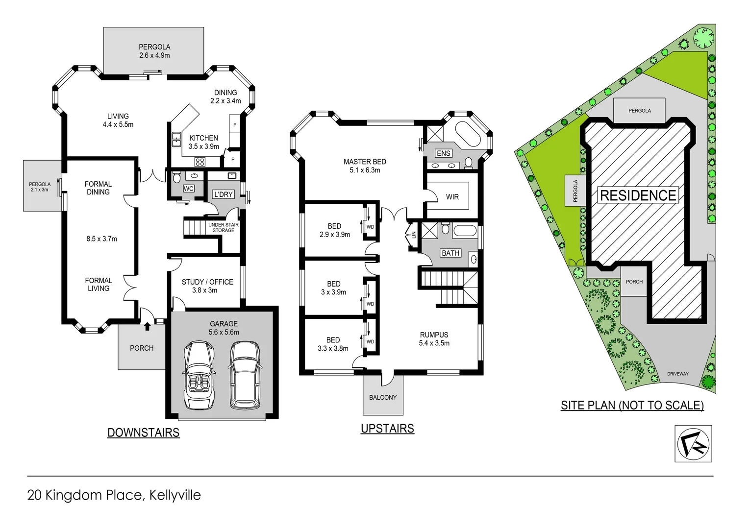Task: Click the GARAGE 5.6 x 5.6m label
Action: [224, 328]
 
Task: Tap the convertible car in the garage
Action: [199, 376]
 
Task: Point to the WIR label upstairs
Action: [452, 197]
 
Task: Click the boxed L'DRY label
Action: [223, 194]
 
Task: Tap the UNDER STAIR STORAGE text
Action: [223, 227]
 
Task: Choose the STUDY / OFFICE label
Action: [207, 286]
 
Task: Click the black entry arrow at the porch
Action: [147, 326]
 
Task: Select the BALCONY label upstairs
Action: [383, 397]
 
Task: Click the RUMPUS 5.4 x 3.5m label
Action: [434, 339]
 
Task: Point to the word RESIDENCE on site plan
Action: [638, 195]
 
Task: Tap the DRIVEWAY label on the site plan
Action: [677, 374]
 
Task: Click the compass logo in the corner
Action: [693, 444]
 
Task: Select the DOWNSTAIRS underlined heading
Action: [143, 433]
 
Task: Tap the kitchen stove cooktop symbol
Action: [200, 161]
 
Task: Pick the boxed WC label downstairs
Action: [189, 189]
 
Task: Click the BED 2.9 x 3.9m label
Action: [334, 230]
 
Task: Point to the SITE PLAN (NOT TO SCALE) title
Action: [632, 405]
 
